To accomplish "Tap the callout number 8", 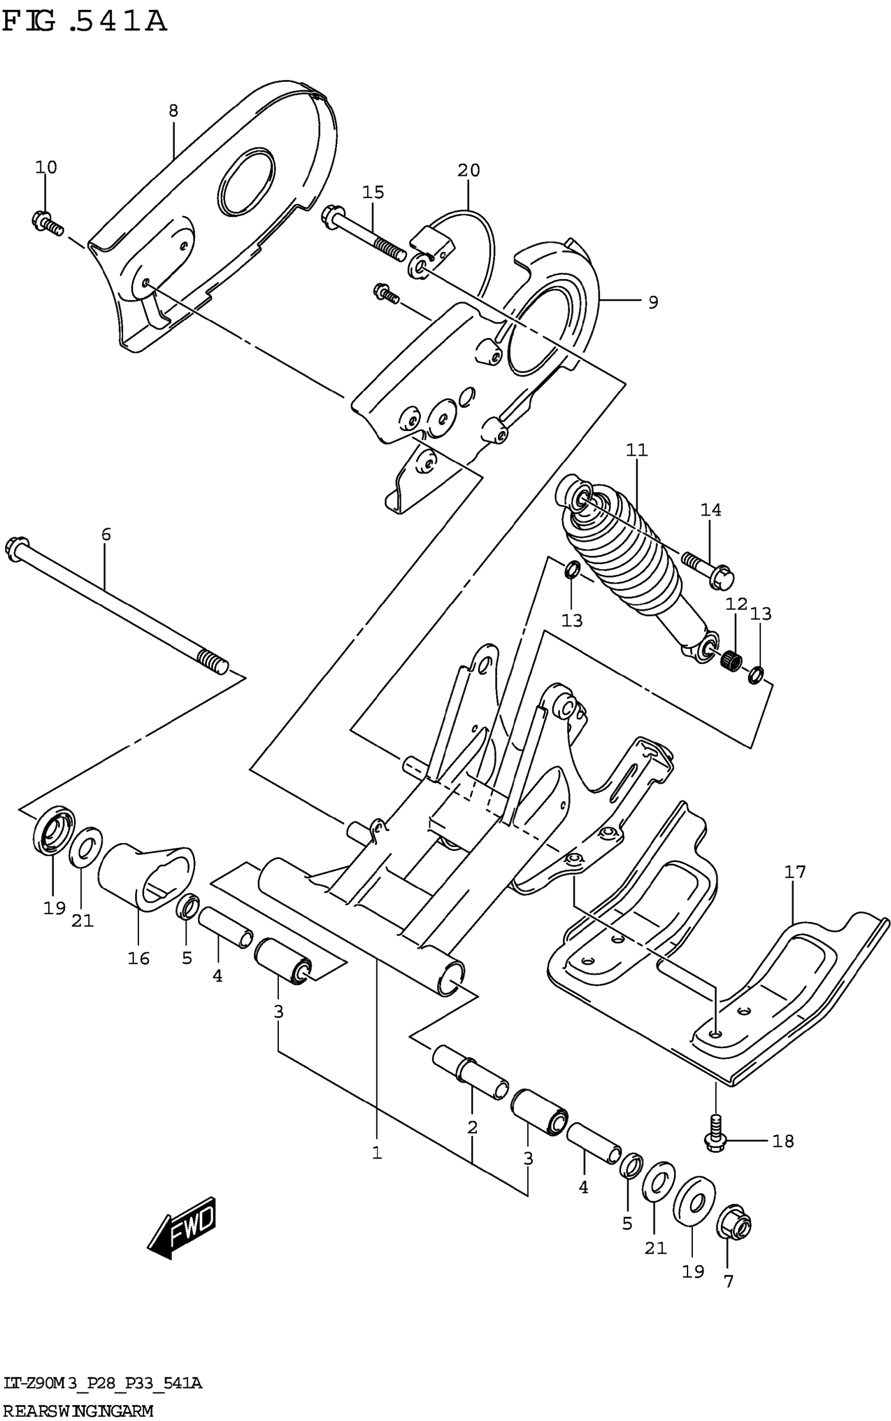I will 173,110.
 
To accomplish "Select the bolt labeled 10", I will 47,223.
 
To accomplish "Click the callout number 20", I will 469,170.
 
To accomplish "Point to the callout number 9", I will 653,303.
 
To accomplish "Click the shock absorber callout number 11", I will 636,450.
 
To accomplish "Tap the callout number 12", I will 736,604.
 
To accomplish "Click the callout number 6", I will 106,534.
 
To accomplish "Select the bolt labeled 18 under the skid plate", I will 715,1141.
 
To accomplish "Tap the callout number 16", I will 138,959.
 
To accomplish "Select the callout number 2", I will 472,1128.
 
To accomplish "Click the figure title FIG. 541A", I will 84,22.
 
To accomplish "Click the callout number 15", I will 373,192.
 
